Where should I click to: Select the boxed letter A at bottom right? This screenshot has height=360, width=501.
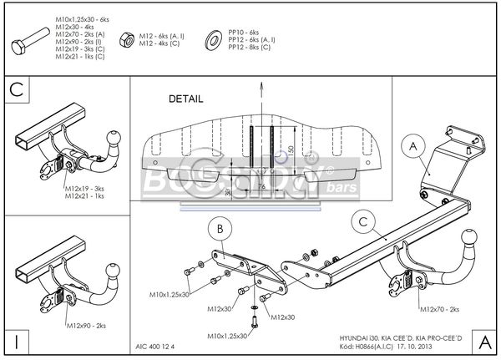pos(485,341)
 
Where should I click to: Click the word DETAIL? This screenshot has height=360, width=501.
pos(185,98)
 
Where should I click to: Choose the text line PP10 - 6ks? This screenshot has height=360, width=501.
pos(245,31)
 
